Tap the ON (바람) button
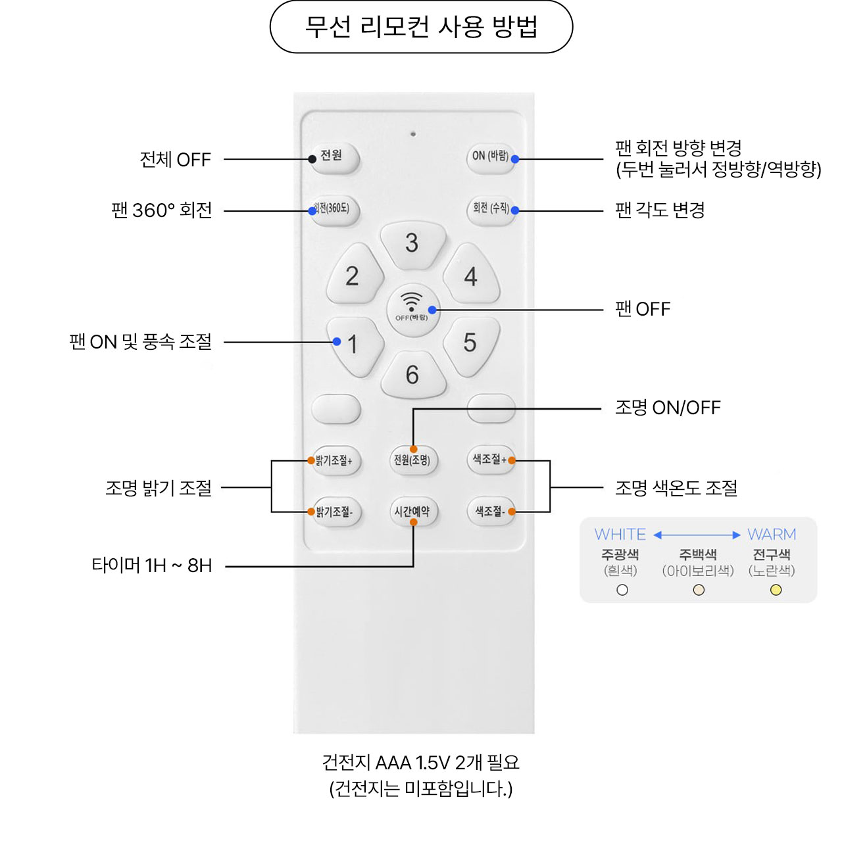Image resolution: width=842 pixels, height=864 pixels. pos(490,157)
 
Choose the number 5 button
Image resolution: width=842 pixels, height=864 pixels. pos(470,343)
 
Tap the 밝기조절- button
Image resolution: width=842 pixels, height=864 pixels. pos(336,512)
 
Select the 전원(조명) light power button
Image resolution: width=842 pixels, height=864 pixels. pos(412,460)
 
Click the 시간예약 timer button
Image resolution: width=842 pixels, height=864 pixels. pos(412,512)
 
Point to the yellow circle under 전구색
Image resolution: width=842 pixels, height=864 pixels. pos(776,590)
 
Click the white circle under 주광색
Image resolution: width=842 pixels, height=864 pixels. pos(622,590)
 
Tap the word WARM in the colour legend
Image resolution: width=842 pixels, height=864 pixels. pos(772,535)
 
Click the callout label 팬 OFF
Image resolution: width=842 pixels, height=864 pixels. pos(643,309)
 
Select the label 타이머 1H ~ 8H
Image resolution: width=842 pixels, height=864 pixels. pos(152,565)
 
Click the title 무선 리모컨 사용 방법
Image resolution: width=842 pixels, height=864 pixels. pos(421,27)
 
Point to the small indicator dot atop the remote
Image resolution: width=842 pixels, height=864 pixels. pos(413,134)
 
